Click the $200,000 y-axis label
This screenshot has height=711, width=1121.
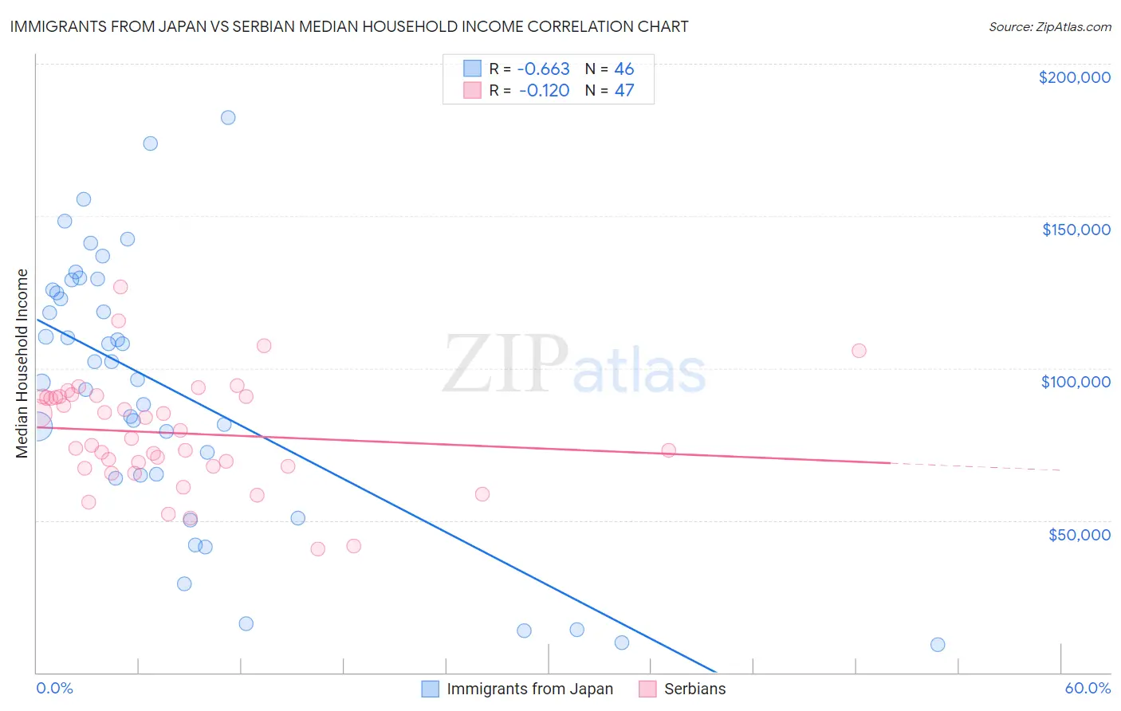point(1074,77)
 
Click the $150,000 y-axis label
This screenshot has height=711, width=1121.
point(1076,230)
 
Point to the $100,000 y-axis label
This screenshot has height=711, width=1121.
point(1076,382)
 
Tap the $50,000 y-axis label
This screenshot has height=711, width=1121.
point(1079,534)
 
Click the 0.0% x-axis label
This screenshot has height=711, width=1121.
point(54,688)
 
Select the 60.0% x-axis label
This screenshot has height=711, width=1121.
point(1088,688)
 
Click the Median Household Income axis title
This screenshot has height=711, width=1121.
point(22,363)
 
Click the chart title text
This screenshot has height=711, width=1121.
point(349,26)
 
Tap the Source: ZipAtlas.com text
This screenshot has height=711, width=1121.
point(1049,27)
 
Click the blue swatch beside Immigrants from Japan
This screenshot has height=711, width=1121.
point(431,689)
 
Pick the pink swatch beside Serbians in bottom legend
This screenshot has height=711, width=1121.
point(647,689)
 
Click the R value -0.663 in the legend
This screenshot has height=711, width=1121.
point(543,69)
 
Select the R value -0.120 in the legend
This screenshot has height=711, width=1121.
point(543,90)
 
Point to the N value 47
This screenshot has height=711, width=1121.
point(624,90)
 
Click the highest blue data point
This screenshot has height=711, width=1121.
point(228,117)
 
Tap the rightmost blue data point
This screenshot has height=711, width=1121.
point(938,645)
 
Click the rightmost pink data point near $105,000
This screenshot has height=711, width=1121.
point(859,351)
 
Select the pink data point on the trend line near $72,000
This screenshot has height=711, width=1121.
point(668,450)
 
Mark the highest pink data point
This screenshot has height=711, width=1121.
point(120,287)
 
